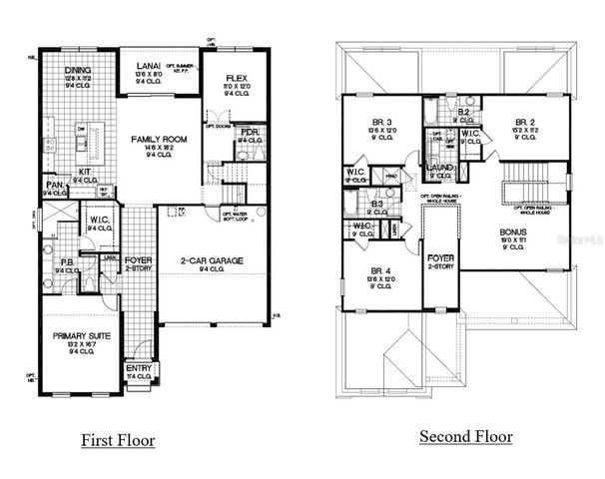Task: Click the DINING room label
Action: [x=78, y=70]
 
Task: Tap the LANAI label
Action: [x=147, y=66]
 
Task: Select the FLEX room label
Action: [x=237, y=77]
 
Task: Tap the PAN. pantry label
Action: [x=55, y=186]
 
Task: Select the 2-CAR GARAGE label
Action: [x=212, y=260]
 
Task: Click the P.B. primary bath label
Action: [x=67, y=261]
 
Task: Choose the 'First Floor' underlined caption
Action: [x=118, y=439]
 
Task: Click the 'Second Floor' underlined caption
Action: [x=465, y=437]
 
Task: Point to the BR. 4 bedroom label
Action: [x=378, y=270]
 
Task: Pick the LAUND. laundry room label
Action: [x=441, y=168]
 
